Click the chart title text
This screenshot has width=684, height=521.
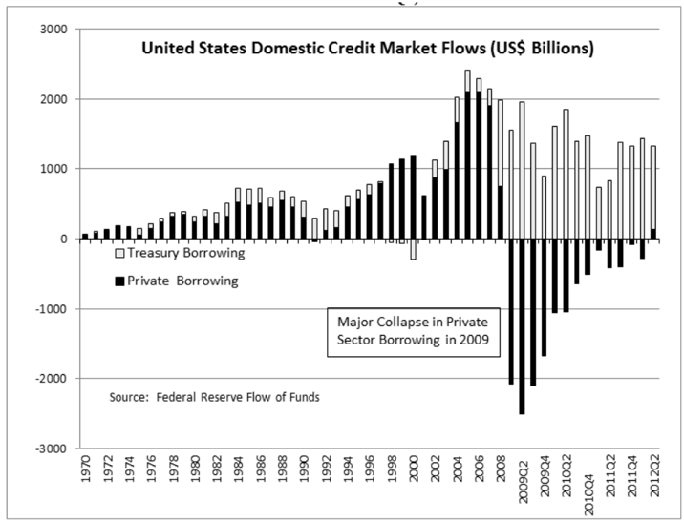(368, 47)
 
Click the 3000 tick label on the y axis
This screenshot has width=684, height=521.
(53, 30)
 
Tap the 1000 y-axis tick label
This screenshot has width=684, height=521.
(53, 169)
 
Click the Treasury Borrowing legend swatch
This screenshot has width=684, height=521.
(118, 255)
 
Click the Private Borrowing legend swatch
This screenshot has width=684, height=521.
(118, 281)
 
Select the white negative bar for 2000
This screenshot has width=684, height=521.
(414, 249)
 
